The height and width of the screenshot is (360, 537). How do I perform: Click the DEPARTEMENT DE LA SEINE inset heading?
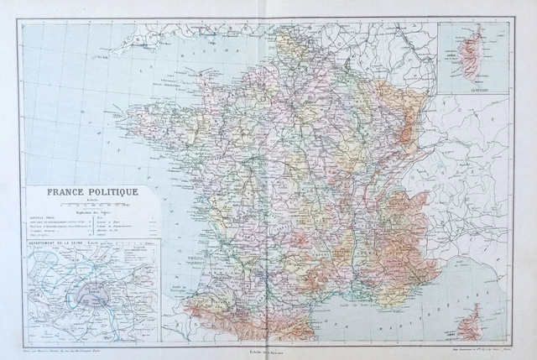[53, 244]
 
